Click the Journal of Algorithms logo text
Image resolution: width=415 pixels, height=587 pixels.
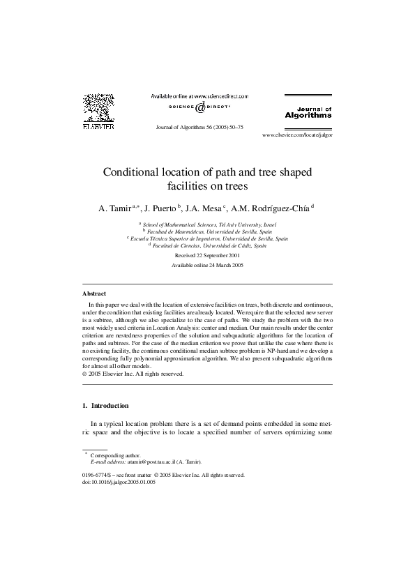click(308, 113)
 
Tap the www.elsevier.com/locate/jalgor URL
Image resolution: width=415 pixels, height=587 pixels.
click(297, 135)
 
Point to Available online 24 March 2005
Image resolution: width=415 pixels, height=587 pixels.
click(208, 266)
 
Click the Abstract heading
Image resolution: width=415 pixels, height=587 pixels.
click(94, 294)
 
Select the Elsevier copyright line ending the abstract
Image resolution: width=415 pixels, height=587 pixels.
click(133, 373)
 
